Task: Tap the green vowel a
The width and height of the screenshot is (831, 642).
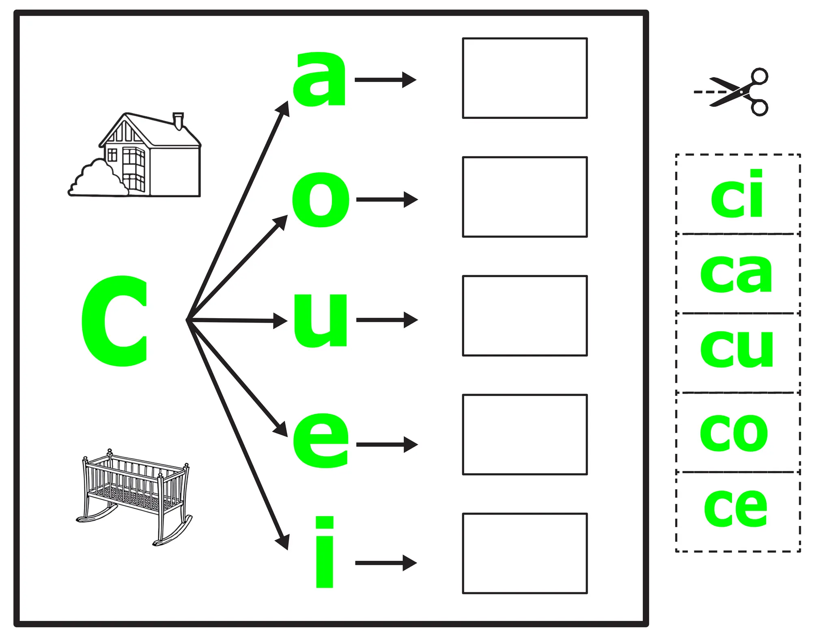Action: [320, 80]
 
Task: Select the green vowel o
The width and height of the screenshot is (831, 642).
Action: [321, 199]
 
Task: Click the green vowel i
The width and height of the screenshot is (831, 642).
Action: [325, 552]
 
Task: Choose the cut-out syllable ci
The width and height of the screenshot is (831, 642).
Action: [737, 194]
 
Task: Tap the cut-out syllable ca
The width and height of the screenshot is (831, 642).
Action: [736, 273]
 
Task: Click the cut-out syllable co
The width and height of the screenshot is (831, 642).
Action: [734, 433]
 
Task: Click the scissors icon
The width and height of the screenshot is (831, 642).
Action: [734, 92]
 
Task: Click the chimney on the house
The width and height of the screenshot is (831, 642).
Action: [178, 121]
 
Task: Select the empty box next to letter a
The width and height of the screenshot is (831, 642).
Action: [525, 78]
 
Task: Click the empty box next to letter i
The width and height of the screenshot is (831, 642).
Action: [525, 553]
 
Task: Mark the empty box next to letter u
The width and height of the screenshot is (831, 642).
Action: [525, 316]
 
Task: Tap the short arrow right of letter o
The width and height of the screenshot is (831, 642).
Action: [387, 199]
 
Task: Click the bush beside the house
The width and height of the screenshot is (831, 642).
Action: [97, 179]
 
